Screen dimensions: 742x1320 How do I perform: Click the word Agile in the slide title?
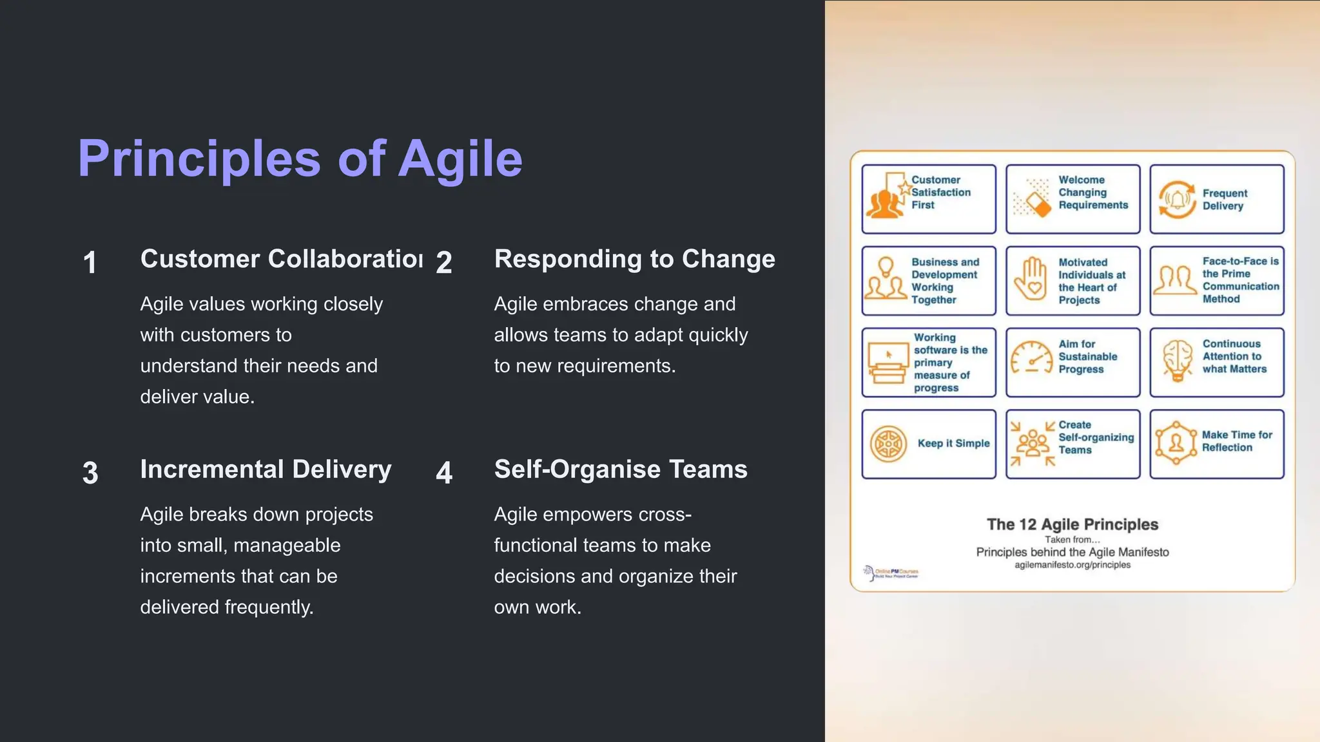[x=460, y=158]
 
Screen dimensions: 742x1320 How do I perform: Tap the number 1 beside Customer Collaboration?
[x=90, y=263]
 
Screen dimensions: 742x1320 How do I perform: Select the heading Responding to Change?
[x=634, y=259]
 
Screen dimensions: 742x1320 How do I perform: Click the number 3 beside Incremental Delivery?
[x=90, y=473]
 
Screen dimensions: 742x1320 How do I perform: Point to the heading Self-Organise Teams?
[x=620, y=470]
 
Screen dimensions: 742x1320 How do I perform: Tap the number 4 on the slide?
[x=444, y=473]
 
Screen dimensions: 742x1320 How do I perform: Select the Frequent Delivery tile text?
[x=1224, y=200]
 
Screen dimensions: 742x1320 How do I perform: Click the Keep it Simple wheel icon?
[x=888, y=444]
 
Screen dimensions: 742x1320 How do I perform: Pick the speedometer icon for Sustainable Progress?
[x=1031, y=357]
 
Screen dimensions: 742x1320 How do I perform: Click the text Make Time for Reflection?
[x=1236, y=441]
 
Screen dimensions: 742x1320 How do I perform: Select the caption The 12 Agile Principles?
[x=1072, y=524]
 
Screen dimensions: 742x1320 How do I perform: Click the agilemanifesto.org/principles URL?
[x=1072, y=565]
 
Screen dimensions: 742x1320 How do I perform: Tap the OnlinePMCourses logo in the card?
[x=891, y=572]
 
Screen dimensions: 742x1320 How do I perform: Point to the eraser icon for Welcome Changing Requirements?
[x=1033, y=200]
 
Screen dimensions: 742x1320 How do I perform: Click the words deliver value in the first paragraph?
[x=197, y=397]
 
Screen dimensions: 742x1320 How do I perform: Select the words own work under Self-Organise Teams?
[x=538, y=607]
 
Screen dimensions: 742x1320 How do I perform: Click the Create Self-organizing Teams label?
[x=1095, y=437]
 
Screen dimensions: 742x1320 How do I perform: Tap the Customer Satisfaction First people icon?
[x=884, y=201]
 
